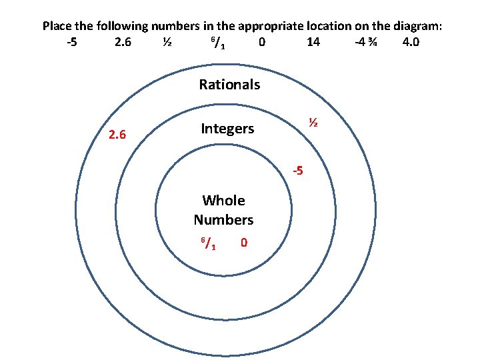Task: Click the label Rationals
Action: (x=229, y=85)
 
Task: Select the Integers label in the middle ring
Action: (x=227, y=129)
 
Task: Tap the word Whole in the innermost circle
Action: (x=223, y=201)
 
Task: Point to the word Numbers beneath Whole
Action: (x=223, y=219)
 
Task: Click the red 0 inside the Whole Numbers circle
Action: (x=244, y=243)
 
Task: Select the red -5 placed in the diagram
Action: (x=299, y=171)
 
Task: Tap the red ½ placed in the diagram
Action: (x=311, y=123)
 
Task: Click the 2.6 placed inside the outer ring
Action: (x=117, y=135)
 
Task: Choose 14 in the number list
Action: (x=313, y=43)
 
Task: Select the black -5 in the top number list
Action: (x=72, y=43)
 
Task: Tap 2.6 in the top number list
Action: (x=123, y=43)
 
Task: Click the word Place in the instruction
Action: (x=58, y=27)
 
